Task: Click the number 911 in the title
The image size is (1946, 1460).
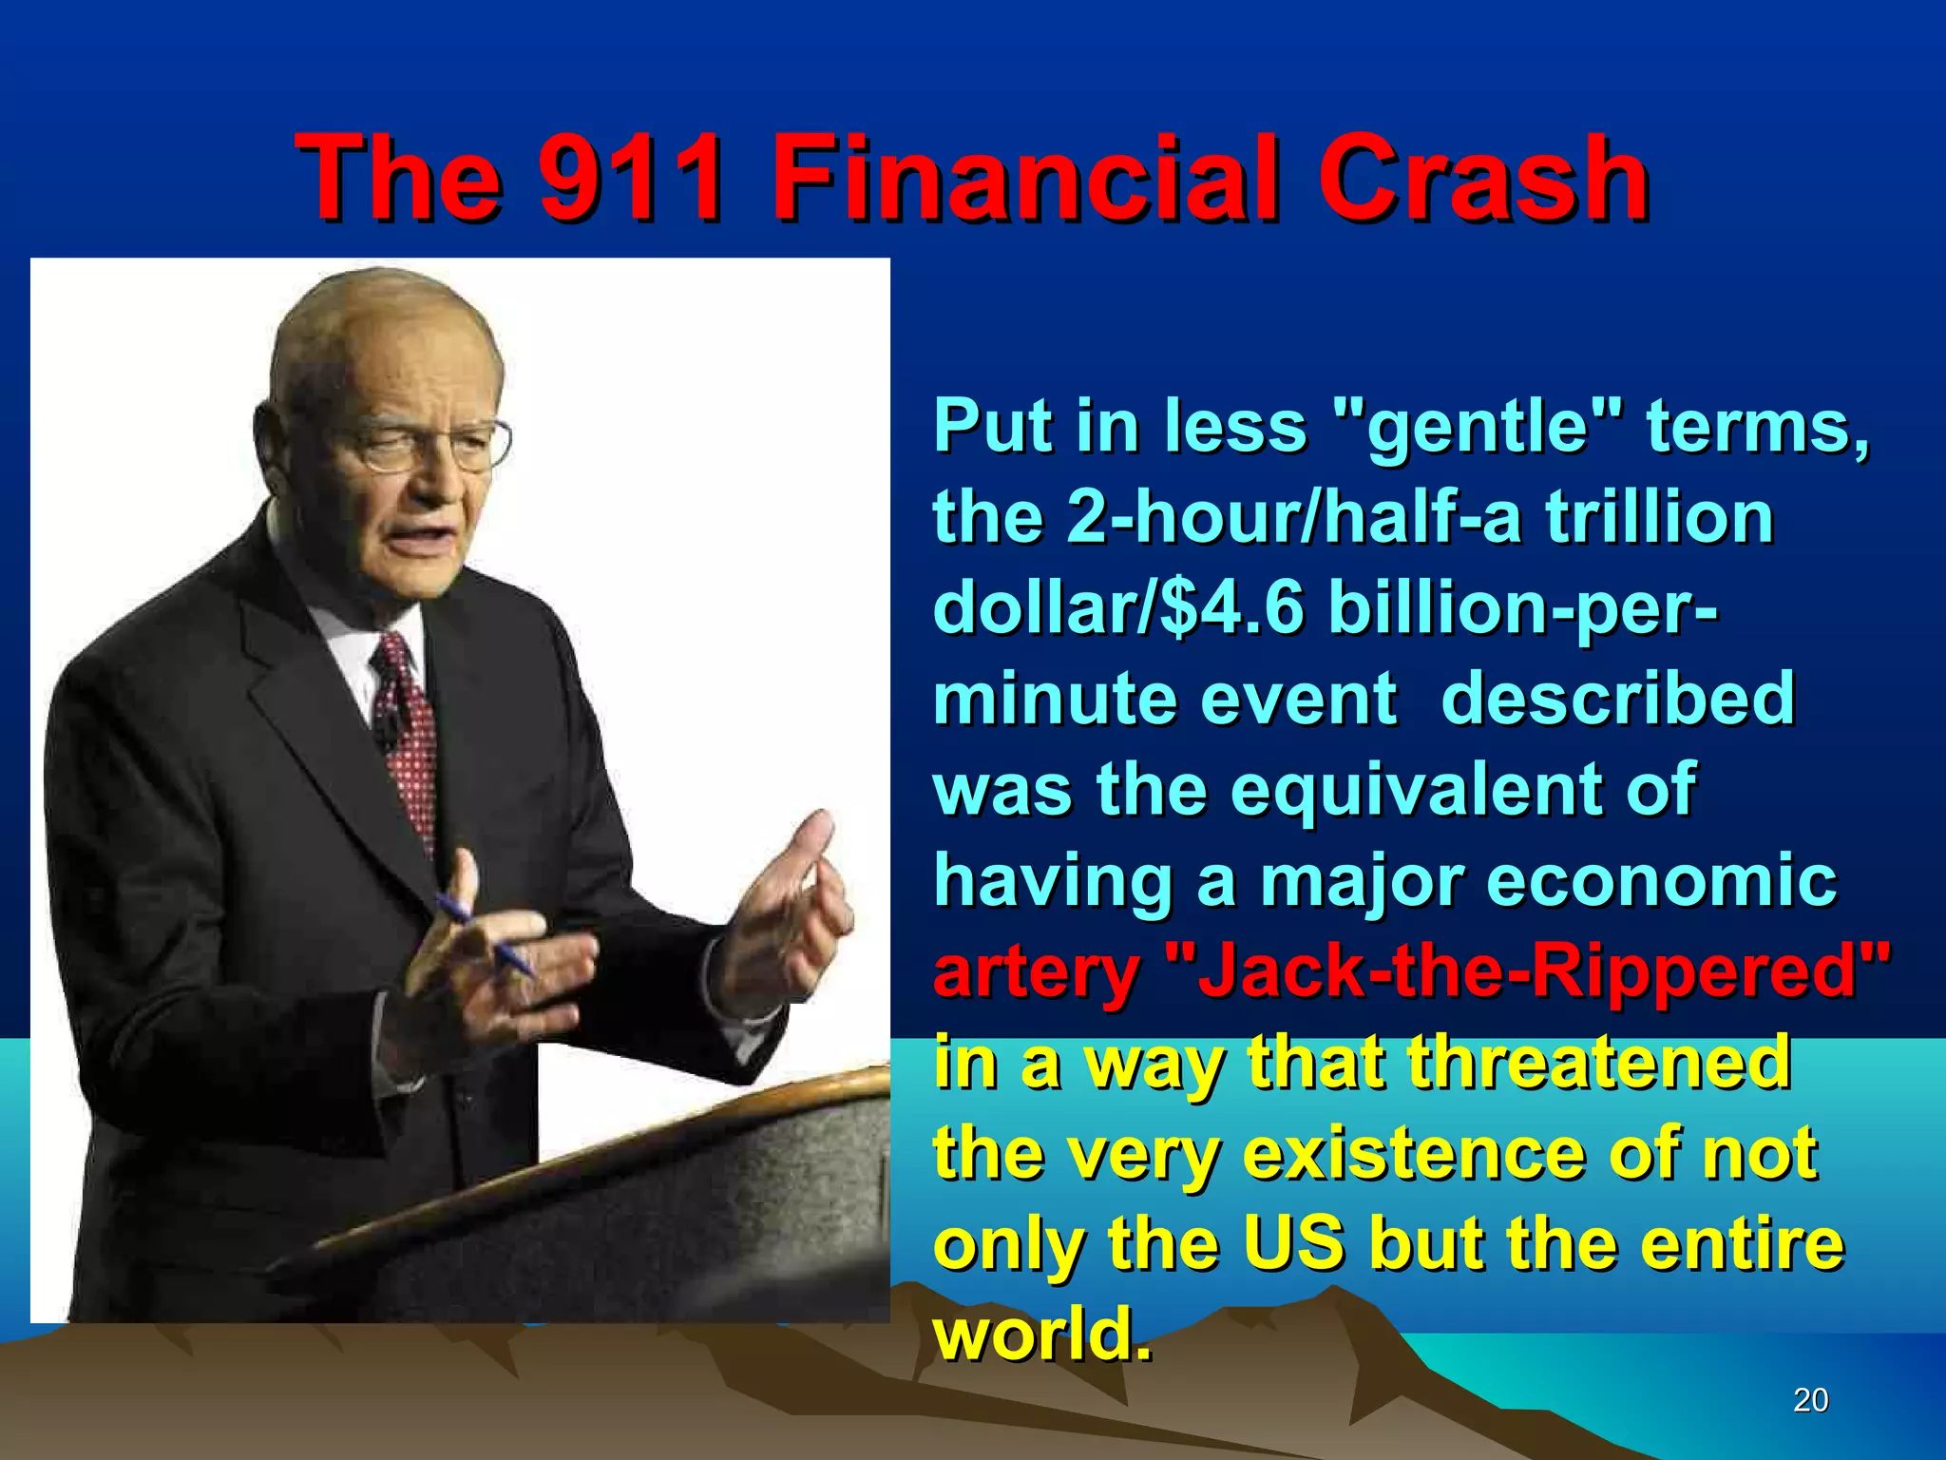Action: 631,178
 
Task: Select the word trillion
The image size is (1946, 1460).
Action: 1659,517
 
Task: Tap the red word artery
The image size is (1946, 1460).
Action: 1037,973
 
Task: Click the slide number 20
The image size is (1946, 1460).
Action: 1810,1399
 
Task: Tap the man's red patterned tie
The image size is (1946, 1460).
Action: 410,732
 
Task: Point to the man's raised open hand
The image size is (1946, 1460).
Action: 793,912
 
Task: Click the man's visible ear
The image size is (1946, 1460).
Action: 271,432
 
